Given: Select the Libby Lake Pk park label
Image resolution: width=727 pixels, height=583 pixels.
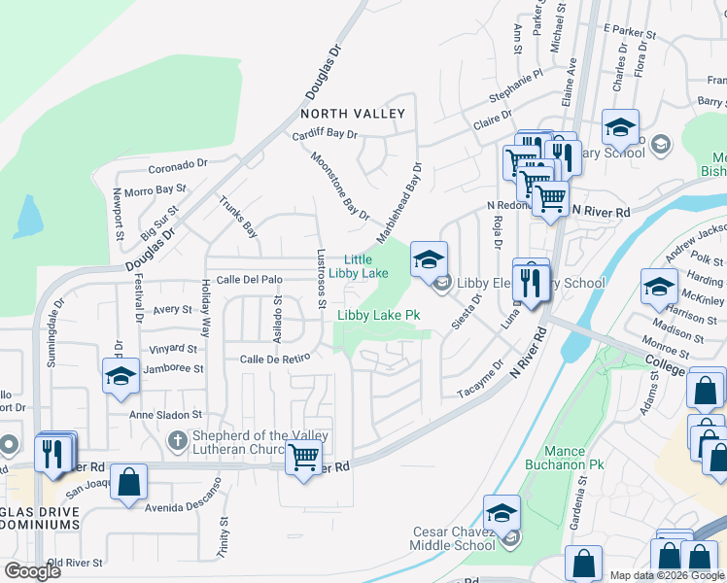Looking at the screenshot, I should pos(378,316).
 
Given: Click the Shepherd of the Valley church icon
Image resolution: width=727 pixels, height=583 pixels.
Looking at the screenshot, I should pos(176,442).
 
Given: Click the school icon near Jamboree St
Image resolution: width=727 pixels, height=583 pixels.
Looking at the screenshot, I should pos(121,377).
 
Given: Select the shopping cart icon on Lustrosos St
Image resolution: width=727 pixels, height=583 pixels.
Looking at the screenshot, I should pos(304,456).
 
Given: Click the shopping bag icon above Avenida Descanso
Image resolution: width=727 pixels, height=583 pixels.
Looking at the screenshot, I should pos(128,482).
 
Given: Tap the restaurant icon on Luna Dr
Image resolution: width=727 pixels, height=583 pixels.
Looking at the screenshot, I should pos(531,280).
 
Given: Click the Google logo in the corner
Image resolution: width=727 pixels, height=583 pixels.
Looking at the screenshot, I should pos(32,571).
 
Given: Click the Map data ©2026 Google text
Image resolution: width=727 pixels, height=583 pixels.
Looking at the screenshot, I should pos(667,575).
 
